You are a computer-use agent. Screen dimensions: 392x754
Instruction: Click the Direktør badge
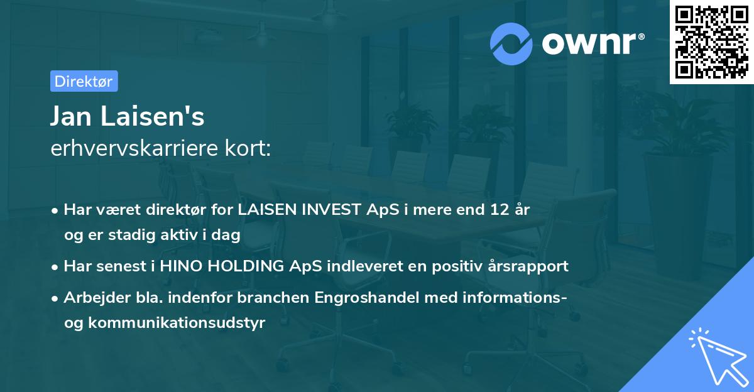[x=84, y=81]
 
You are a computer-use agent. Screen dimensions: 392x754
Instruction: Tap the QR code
[x=711, y=41]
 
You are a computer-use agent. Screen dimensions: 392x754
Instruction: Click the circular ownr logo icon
[x=511, y=43]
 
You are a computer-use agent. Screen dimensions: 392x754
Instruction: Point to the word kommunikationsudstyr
[x=178, y=323]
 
